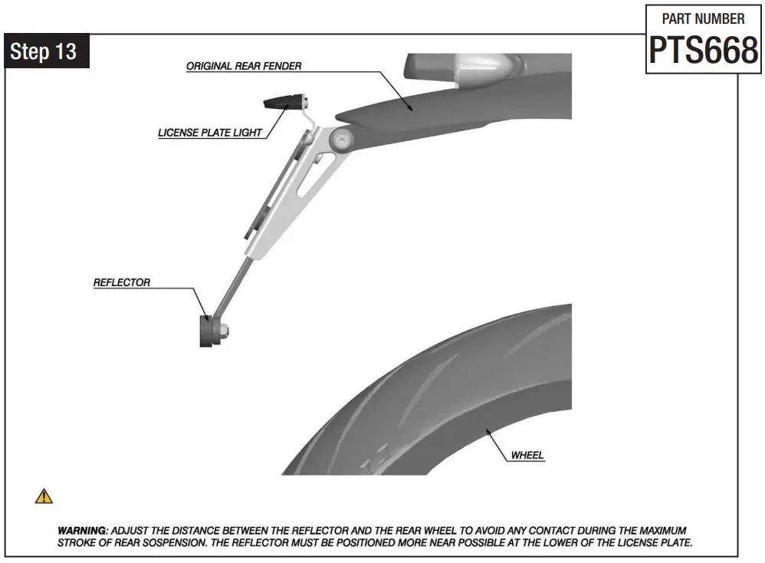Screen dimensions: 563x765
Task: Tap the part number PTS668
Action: coord(703,51)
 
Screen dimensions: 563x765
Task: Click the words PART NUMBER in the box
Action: coord(703,18)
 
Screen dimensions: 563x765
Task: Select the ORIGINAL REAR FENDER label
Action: coord(244,67)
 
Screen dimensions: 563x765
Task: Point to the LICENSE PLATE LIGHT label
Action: coord(210,133)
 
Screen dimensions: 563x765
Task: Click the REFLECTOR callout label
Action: coord(122,282)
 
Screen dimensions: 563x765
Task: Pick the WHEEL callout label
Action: coord(527,455)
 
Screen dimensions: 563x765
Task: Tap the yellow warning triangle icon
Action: coord(44,496)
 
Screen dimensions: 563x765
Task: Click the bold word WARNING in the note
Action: coord(83,531)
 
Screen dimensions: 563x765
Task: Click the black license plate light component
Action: coord(282,102)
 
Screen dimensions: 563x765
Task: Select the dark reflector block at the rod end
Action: coord(207,331)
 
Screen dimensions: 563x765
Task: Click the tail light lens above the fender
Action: coord(460,67)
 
